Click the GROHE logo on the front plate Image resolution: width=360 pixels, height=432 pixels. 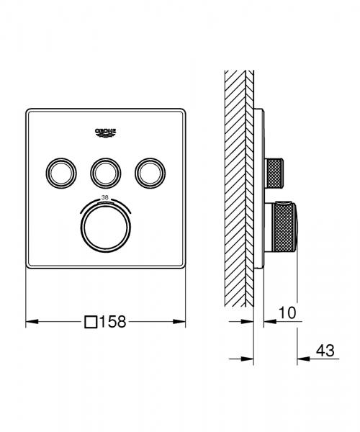pyautogui.click(x=105, y=132)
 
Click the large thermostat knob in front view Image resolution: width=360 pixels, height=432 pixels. pyautogui.click(x=105, y=225)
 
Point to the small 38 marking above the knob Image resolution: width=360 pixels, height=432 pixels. pyautogui.click(x=105, y=197)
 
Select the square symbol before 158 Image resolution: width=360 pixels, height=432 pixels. pyautogui.click(x=90, y=322)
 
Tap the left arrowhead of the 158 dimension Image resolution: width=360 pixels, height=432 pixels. pyautogui.click(x=31, y=322)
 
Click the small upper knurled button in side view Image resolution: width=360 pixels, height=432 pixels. pyautogui.click(x=276, y=173)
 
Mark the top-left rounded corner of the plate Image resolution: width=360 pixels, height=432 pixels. pyautogui.click(x=30, y=113)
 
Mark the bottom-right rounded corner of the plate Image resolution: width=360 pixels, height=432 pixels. pyautogui.click(x=181, y=264)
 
